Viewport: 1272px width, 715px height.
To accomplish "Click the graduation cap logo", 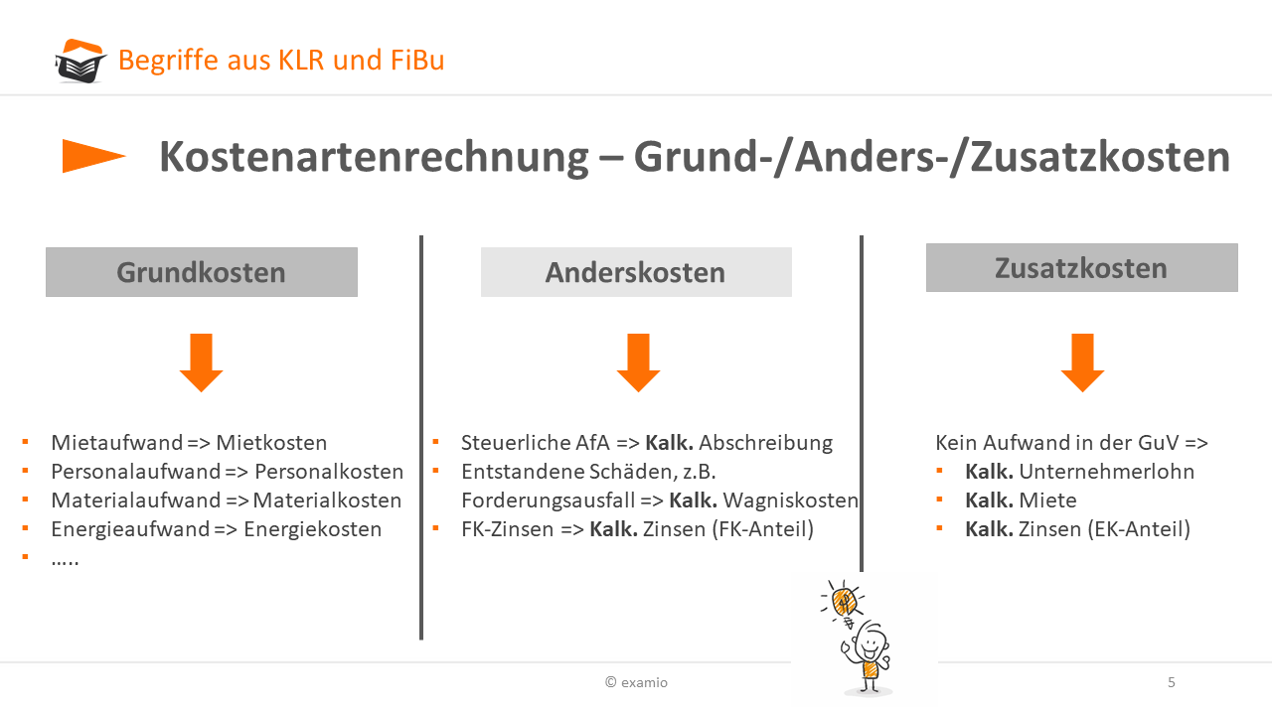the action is click(80, 61).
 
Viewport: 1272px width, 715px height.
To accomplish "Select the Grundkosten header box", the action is click(202, 272).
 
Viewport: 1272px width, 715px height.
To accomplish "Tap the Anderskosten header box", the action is click(636, 272).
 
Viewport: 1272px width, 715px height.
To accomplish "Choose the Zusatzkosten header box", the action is click(1082, 268).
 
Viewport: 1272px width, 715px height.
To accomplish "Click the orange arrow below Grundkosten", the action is click(201, 362).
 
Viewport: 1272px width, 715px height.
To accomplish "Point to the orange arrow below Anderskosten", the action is click(638, 362).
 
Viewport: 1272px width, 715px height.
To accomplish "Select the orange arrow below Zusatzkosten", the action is click(1082, 362).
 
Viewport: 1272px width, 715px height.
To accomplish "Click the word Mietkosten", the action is click(271, 443).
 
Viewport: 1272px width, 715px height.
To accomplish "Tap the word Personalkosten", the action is click(329, 472).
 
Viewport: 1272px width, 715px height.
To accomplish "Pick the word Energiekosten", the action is click(312, 529).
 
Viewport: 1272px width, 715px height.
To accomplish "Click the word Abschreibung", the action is click(765, 443).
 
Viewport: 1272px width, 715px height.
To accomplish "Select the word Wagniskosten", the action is click(790, 500).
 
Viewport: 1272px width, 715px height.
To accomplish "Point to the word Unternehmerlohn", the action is click(1107, 472).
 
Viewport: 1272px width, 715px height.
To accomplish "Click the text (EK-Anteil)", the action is click(1139, 529).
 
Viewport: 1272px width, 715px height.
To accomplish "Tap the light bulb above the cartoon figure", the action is click(844, 603).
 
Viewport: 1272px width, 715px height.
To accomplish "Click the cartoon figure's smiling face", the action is click(870, 643).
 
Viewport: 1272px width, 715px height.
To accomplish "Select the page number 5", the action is click(1172, 682).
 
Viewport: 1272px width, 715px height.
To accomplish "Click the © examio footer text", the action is click(637, 682).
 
